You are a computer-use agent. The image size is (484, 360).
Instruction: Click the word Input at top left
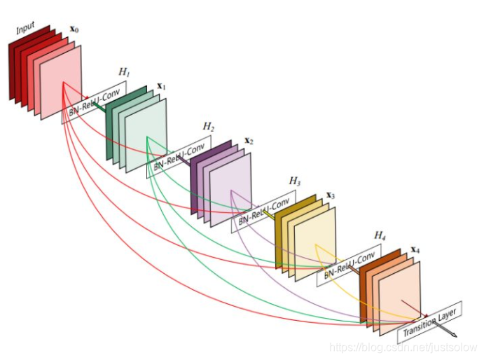tap(25, 29)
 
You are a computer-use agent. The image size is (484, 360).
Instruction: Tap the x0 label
tap(74, 30)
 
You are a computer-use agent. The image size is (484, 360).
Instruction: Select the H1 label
tap(124, 71)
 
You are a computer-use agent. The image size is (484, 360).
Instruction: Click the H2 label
tap(208, 127)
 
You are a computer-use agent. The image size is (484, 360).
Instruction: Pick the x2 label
tap(248, 141)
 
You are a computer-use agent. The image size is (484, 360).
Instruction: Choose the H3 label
tap(295, 181)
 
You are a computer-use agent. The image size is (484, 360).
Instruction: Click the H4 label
tap(380, 235)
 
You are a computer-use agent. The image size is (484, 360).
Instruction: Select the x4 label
tap(415, 249)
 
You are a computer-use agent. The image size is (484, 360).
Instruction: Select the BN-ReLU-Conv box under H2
tap(179, 156)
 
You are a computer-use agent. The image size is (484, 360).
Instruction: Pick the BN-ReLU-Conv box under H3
tap(263, 211)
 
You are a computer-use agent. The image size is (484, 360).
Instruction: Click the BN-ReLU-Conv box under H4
tap(349, 265)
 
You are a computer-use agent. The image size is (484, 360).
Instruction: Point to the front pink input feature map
tap(61, 83)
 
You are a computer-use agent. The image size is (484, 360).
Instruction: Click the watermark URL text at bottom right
tap(403, 347)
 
